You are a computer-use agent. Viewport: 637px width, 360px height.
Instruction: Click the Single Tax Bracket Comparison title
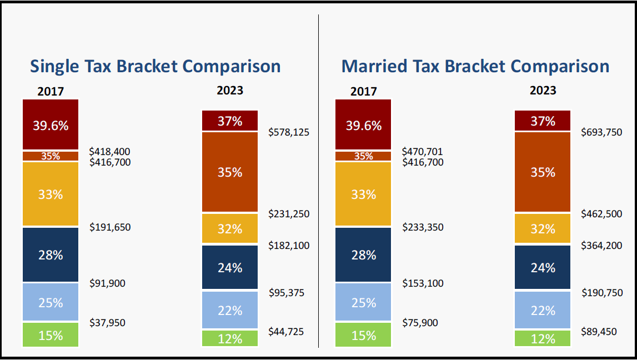tap(155, 67)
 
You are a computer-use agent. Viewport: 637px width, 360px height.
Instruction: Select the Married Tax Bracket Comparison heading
tap(475, 67)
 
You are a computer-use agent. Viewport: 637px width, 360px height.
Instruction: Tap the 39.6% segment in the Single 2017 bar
tap(51, 125)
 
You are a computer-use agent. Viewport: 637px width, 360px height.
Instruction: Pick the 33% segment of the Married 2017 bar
tap(363, 194)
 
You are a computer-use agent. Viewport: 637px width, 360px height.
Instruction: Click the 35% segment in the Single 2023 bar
tap(230, 172)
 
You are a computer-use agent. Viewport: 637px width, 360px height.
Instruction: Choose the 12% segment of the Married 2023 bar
tap(543, 338)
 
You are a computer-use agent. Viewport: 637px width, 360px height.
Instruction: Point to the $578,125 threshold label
tap(289, 132)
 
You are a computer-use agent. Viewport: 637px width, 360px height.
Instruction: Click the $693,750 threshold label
tap(601, 132)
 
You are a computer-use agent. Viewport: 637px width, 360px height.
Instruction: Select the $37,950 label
tap(110, 323)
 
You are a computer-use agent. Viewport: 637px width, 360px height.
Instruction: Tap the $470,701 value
tap(423, 151)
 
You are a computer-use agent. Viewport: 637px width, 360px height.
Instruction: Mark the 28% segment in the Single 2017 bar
tap(51, 254)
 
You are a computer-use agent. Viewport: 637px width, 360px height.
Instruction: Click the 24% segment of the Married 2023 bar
tap(543, 268)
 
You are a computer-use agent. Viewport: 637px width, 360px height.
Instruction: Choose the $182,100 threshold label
tap(289, 246)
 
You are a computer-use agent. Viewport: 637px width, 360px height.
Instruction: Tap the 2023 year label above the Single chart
tap(230, 90)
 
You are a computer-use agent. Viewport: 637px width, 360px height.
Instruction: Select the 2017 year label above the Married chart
tap(363, 91)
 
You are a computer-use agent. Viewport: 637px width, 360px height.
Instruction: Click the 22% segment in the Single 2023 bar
tap(230, 311)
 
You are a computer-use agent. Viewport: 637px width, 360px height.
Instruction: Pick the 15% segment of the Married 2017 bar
tap(363, 335)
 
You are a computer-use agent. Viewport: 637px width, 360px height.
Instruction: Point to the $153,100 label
tap(423, 283)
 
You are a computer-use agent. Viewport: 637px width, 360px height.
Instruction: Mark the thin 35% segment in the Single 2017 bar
tap(51, 156)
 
